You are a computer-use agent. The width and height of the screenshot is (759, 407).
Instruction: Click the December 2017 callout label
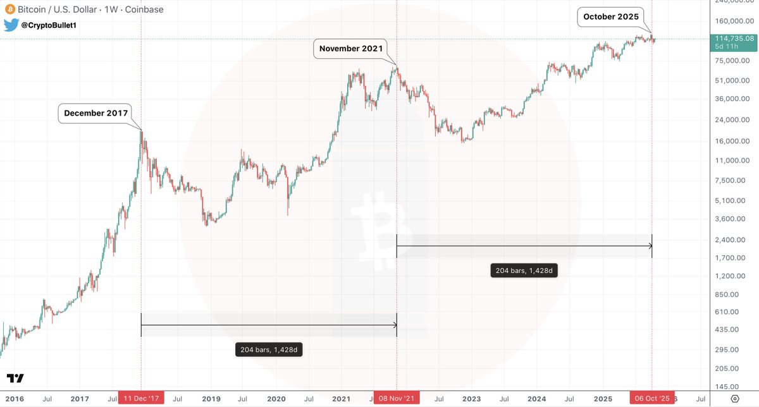96,114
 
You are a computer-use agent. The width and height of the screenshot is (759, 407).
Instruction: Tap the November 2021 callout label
351,49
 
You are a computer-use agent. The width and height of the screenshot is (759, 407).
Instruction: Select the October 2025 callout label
612,16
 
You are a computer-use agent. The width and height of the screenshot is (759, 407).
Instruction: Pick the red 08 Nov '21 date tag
397,399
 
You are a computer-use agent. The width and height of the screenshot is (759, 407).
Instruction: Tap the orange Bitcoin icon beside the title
9,9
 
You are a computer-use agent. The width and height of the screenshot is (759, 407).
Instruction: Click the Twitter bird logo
10,25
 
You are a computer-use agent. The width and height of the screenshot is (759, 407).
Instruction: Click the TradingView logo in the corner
16,379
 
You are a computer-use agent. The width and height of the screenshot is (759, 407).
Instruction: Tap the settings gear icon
734,399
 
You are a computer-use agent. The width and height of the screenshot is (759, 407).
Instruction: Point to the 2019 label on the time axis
211,399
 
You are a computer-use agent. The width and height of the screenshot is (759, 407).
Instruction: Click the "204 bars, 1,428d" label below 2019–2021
269,349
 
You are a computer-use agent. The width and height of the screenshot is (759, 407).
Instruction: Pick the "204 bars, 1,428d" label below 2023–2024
524,271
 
